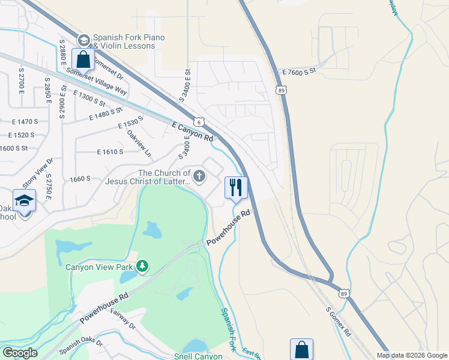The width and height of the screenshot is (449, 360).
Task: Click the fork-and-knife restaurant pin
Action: [236, 187]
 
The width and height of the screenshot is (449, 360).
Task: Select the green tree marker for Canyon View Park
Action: [142, 265]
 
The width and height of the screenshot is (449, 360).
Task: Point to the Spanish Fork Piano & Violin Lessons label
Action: [129, 42]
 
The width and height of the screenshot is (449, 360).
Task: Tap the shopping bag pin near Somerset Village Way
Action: [83, 59]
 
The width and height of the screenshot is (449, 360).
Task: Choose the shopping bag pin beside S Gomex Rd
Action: [301, 350]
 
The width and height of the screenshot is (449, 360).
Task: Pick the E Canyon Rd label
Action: [193, 131]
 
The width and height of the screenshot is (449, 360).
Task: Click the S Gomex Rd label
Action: [338, 323]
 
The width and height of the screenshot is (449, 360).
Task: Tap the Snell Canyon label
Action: [198, 356]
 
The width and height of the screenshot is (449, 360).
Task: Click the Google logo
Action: [20, 353]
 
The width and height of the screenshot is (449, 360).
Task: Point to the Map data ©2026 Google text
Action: [412, 355]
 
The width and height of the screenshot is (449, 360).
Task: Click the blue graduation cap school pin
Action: [25, 200]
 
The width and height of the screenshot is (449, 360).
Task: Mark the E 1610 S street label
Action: [110, 152]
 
